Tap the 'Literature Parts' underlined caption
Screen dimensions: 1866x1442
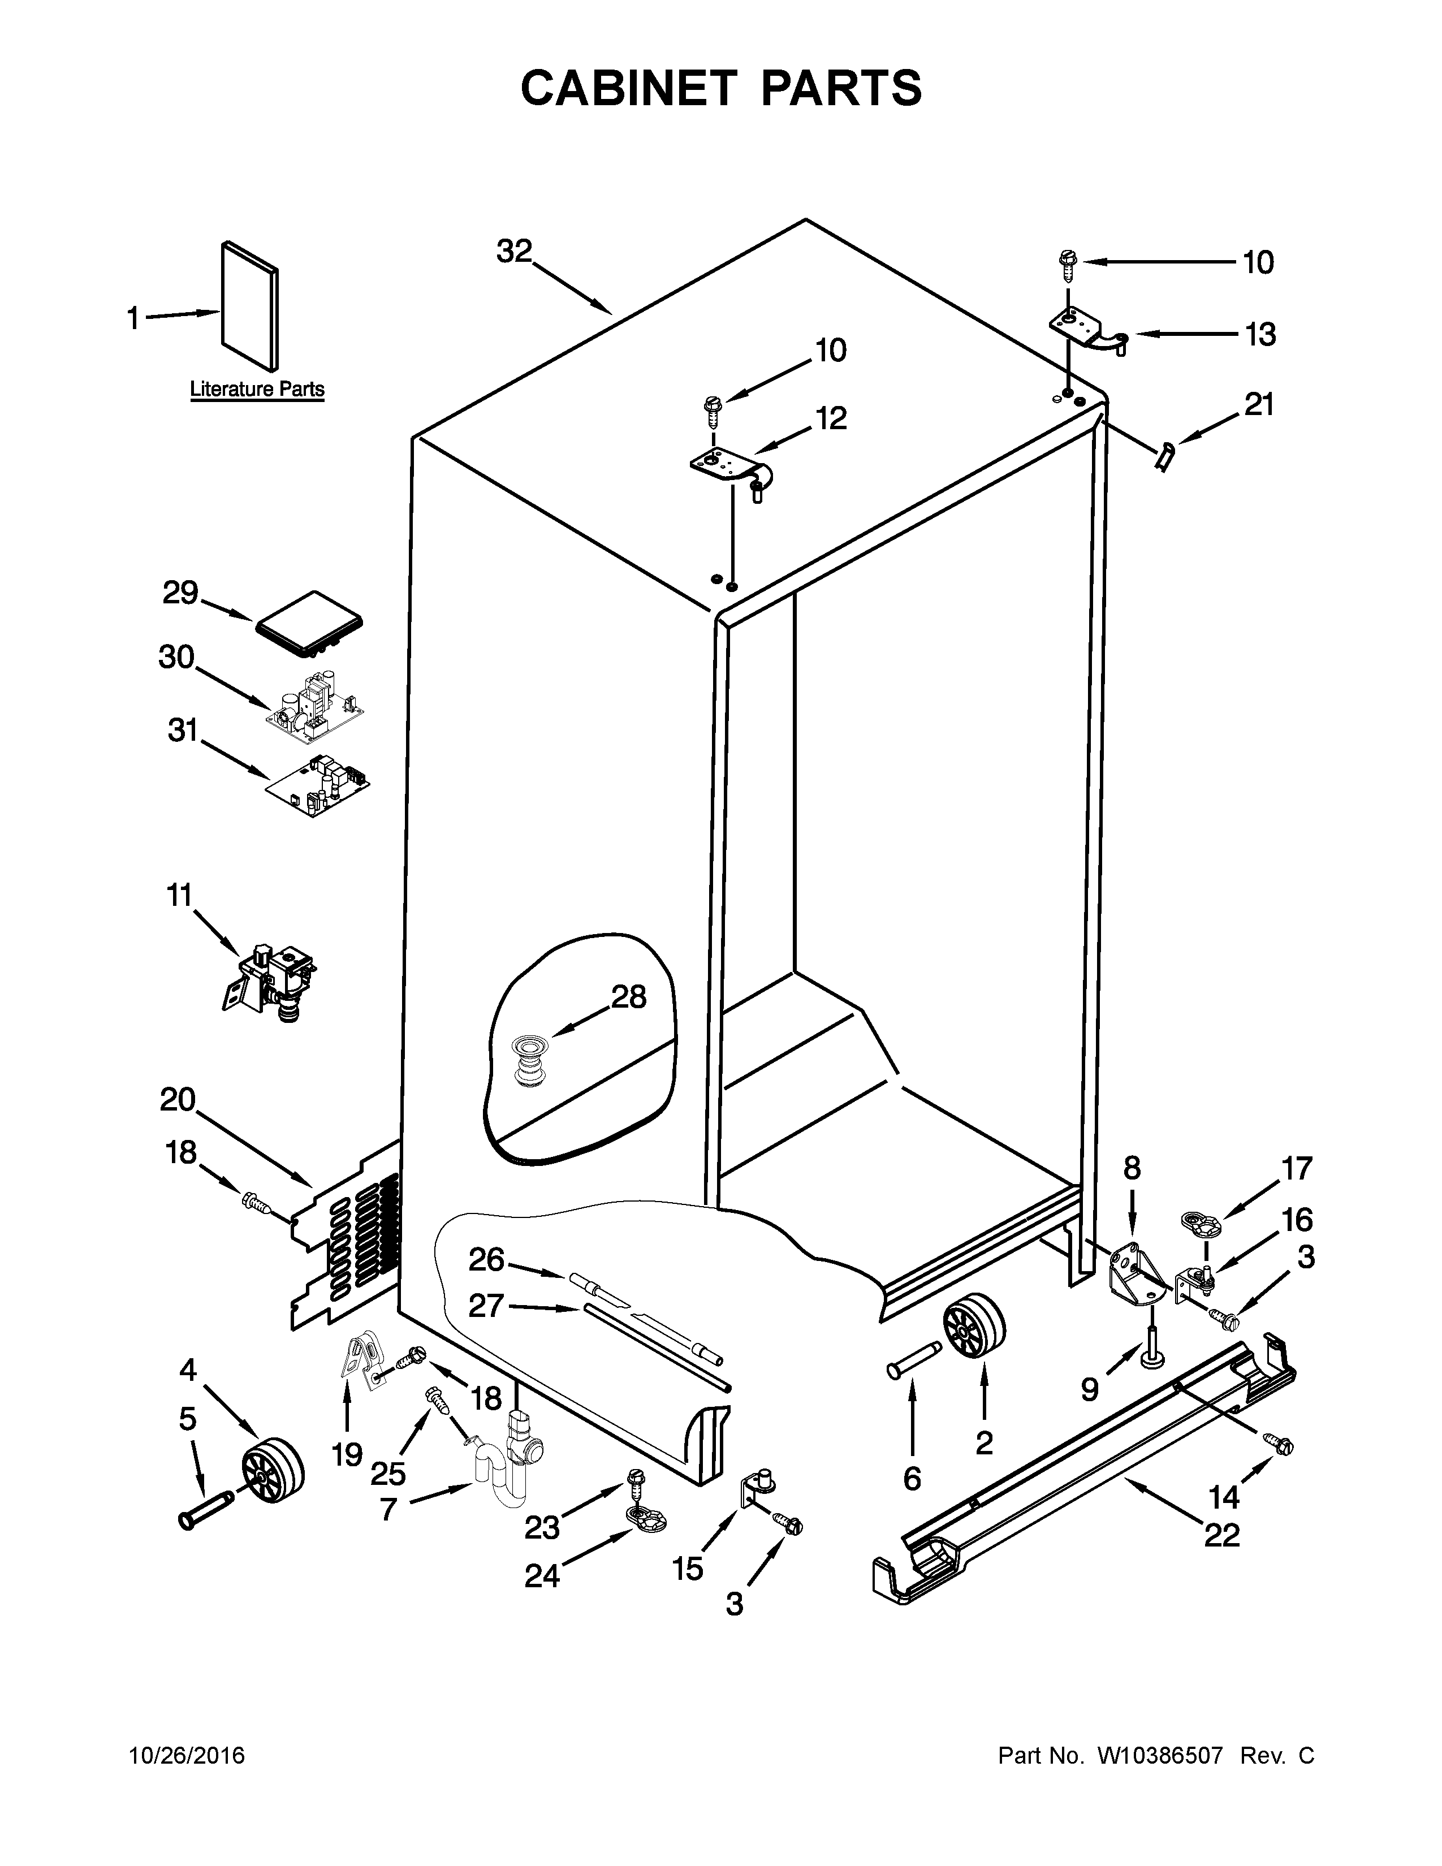(256, 390)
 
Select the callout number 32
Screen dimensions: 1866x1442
(514, 251)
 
